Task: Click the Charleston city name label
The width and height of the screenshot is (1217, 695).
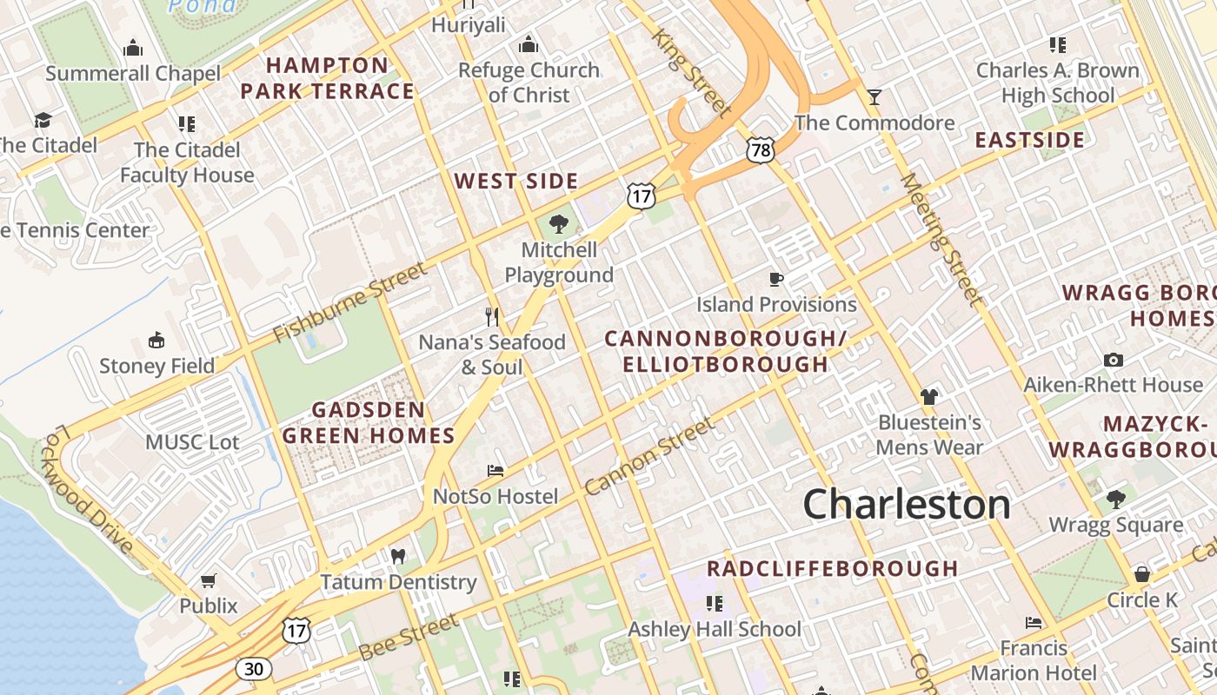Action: tap(907, 505)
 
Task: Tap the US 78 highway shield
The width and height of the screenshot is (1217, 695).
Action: tap(760, 150)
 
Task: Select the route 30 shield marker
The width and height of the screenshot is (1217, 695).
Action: tap(253, 668)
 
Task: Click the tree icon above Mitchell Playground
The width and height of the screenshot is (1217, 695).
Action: tap(558, 224)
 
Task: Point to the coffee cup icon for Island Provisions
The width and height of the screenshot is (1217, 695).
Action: tap(776, 279)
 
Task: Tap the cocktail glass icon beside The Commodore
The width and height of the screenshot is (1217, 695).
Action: tap(874, 96)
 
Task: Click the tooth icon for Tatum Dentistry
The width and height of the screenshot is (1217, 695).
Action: tap(398, 556)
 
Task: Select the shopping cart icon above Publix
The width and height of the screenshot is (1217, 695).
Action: tap(209, 580)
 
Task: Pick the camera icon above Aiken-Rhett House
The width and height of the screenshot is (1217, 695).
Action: tap(1113, 360)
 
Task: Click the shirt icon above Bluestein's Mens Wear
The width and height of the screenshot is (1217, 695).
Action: tap(929, 397)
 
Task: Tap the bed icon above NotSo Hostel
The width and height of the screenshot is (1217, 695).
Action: tap(495, 471)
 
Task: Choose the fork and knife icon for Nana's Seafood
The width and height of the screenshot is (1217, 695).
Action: tap(492, 316)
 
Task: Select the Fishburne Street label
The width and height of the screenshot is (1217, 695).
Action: tap(350, 302)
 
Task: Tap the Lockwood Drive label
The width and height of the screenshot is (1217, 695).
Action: tap(87, 490)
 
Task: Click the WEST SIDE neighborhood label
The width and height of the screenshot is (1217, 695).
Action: tap(516, 182)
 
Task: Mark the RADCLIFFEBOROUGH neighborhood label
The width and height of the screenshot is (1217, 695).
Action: tap(832, 569)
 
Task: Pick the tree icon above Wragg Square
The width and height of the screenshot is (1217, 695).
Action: tap(1116, 500)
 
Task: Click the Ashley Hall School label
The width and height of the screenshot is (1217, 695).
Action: tap(715, 629)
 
